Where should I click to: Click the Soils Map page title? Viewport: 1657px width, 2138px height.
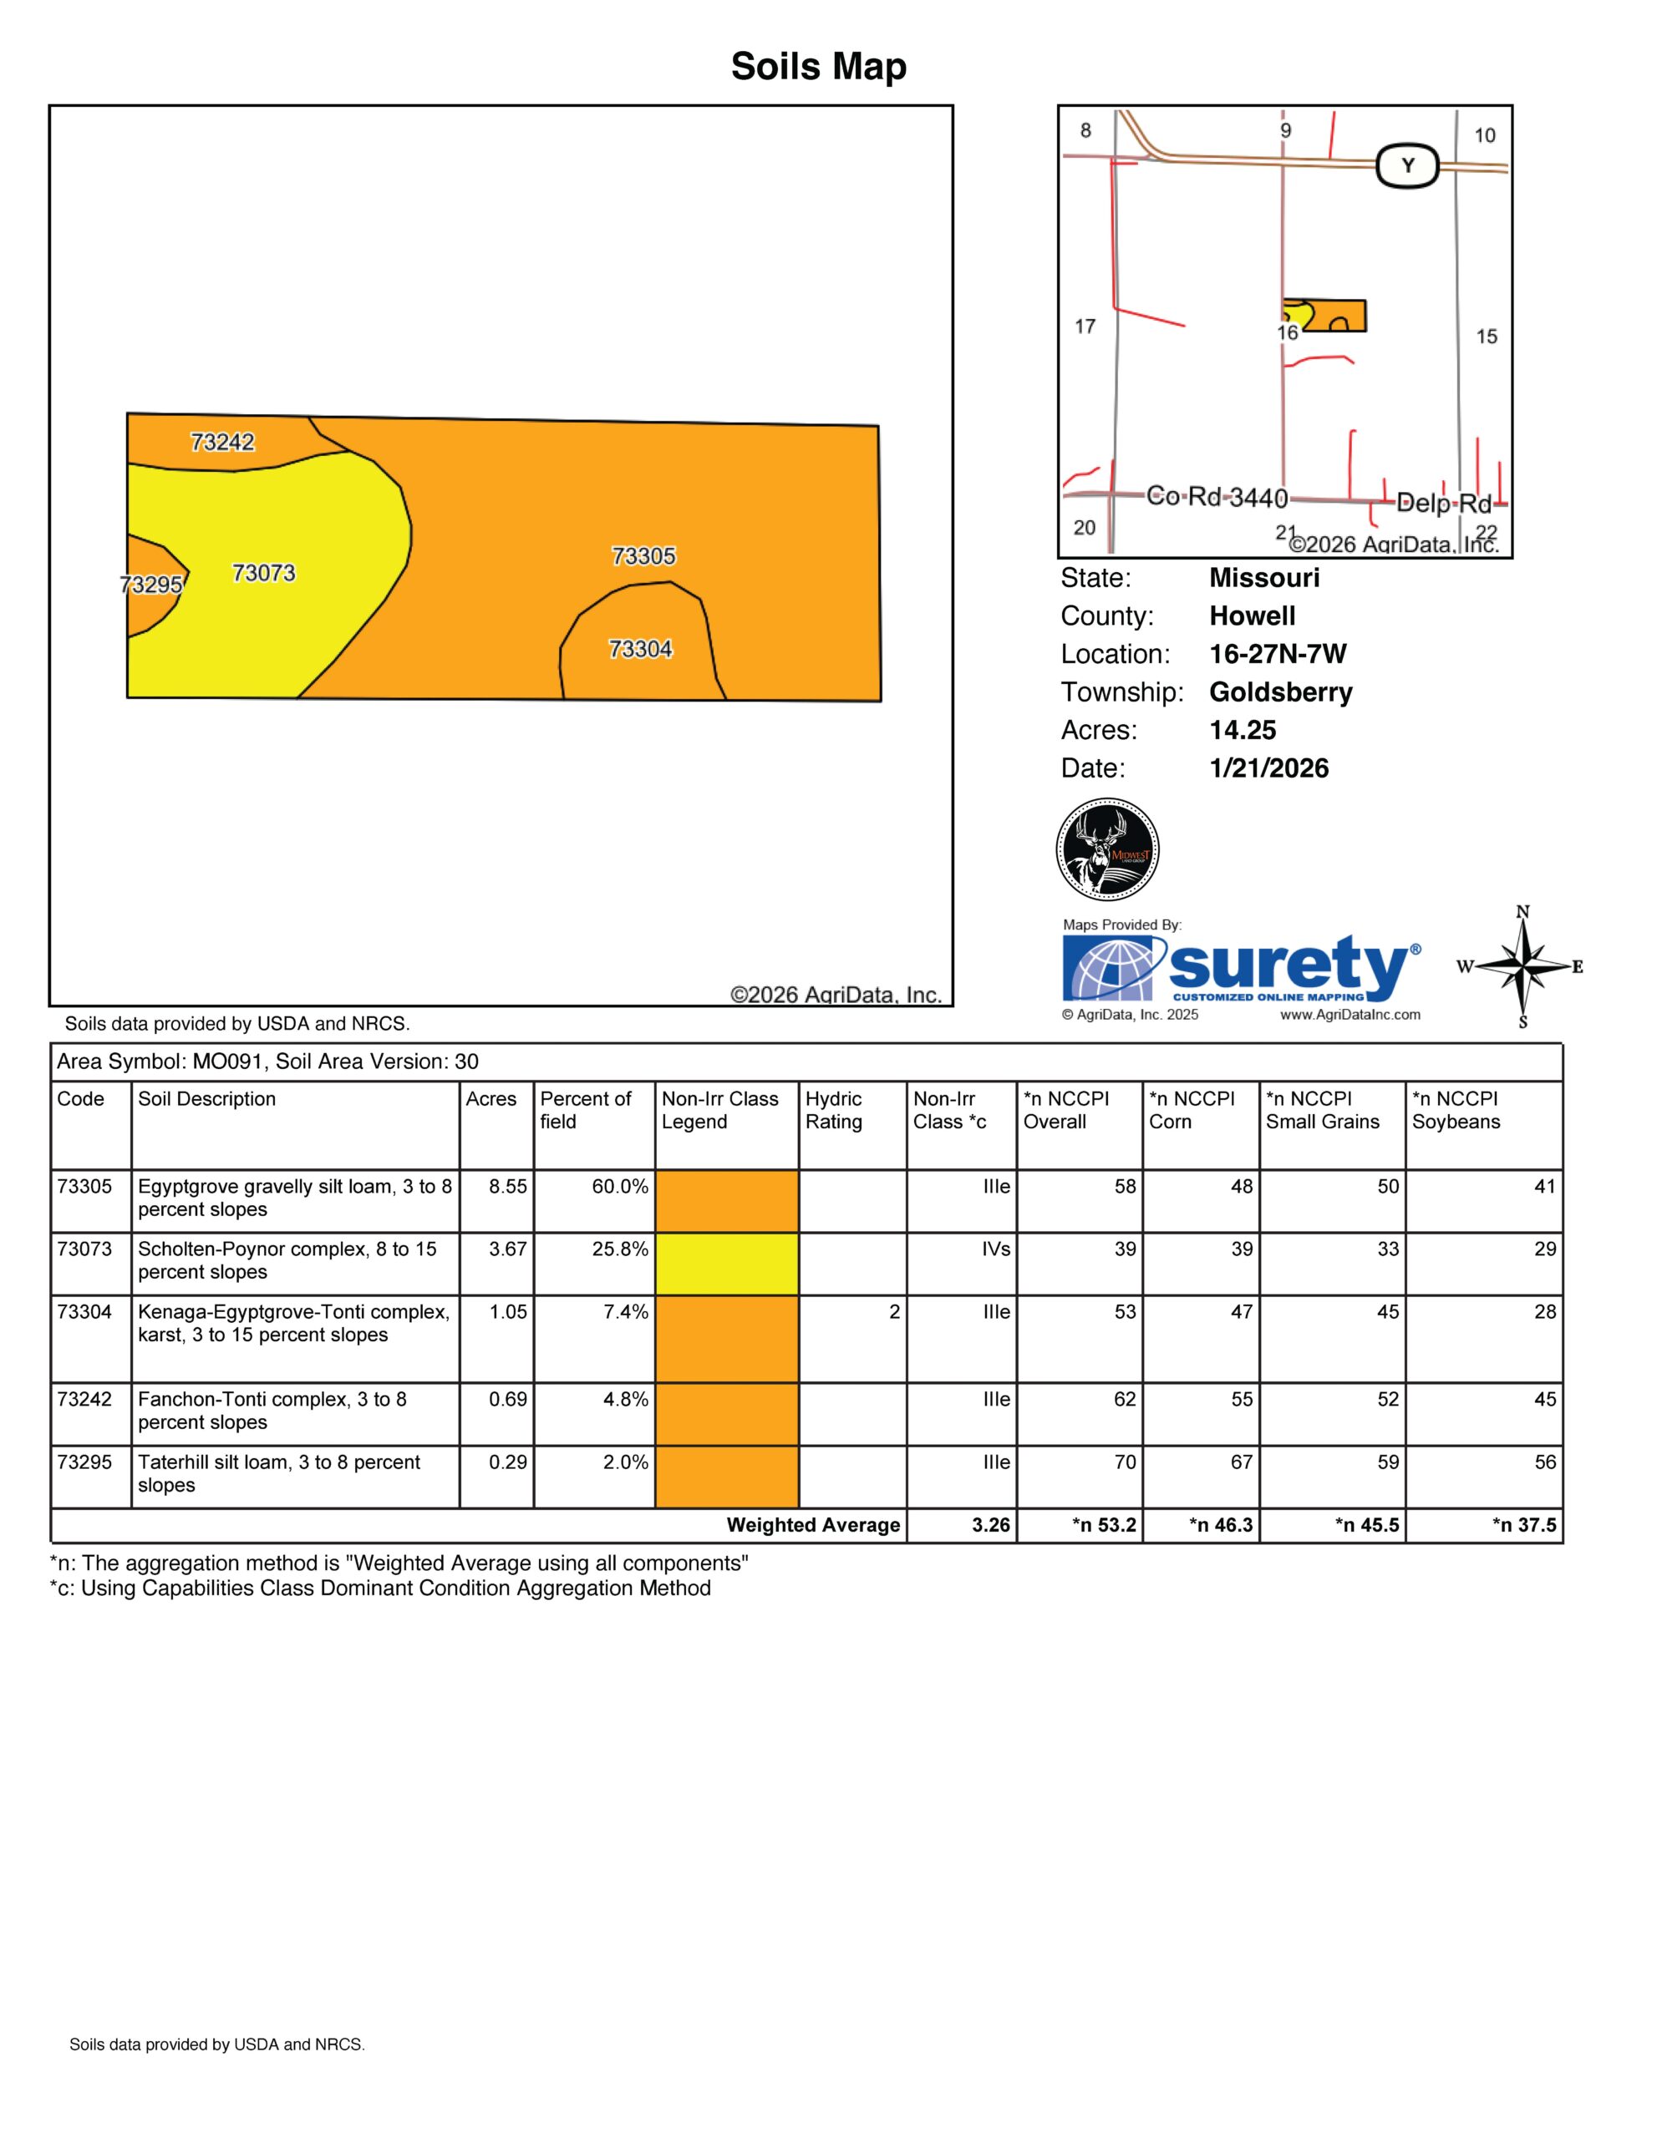coord(819,67)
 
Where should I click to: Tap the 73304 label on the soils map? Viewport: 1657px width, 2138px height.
coord(640,649)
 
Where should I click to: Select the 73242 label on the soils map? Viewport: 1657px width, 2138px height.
coord(222,443)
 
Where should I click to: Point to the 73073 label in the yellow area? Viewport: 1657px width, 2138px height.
coord(263,573)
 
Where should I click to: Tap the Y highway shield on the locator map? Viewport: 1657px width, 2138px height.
coord(1407,165)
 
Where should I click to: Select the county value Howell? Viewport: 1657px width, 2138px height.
coord(1252,616)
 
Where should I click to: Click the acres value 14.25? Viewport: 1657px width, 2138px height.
coord(1243,730)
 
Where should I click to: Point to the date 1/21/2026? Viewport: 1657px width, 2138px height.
coord(1269,768)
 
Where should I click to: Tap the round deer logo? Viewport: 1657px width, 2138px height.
coord(1108,849)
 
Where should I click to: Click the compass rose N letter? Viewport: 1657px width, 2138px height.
coord(1522,911)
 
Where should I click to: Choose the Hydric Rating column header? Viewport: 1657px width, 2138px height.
coord(833,1110)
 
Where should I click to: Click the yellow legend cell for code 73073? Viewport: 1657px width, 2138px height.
coord(727,1264)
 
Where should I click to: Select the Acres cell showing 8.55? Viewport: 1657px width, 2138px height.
coord(508,1187)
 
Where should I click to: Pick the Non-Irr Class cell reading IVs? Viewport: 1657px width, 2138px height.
coord(996,1249)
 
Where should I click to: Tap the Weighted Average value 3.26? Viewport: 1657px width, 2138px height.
coord(991,1525)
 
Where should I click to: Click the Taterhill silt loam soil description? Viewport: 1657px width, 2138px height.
coord(279,1473)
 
